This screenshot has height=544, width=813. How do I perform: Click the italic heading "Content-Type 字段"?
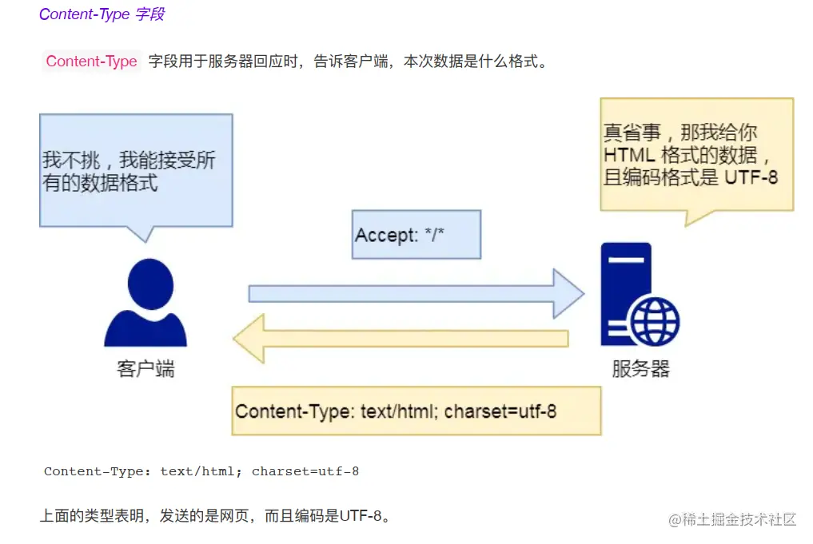[102, 14]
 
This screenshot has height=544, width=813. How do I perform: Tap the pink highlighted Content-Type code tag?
[91, 62]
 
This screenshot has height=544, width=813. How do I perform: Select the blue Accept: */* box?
[416, 235]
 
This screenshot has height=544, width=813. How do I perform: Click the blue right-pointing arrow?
[416, 294]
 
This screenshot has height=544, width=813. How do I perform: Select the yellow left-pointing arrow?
[400, 338]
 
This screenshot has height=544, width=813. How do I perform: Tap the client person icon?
[145, 304]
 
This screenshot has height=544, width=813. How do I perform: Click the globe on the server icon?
[654, 323]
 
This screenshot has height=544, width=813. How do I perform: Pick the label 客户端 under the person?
[145, 369]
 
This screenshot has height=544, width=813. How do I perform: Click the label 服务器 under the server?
[640, 369]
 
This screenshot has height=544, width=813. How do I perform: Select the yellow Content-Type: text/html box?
[416, 411]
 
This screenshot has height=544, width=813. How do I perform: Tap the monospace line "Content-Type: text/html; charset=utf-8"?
[201, 471]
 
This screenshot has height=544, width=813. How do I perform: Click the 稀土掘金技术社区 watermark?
[732, 519]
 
